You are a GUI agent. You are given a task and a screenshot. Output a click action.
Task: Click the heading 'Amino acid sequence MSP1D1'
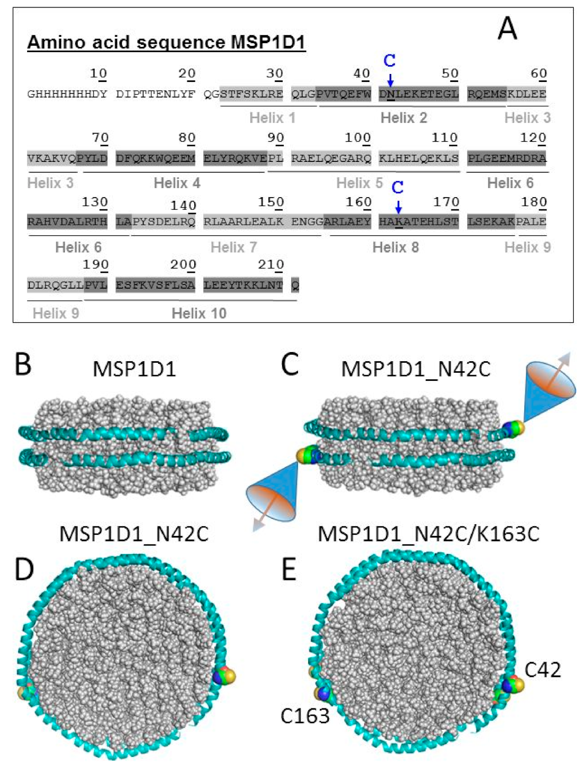point(166,42)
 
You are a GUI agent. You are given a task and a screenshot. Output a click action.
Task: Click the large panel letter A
point(507,28)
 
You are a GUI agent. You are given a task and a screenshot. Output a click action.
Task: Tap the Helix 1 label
point(272,118)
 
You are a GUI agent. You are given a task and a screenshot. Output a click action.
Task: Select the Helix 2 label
point(403,118)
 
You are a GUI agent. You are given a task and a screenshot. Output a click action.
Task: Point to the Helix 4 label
point(177,183)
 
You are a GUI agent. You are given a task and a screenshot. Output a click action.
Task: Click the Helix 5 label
point(359,183)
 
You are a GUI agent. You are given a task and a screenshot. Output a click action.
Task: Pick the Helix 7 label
point(234,247)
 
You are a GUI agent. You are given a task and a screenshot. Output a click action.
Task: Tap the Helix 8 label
point(395,247)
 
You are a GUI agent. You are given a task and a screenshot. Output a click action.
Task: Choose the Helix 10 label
point(199,313)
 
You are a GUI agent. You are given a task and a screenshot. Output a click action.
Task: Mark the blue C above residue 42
point(390,61)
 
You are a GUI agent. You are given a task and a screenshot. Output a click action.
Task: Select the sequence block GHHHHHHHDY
point(67,94)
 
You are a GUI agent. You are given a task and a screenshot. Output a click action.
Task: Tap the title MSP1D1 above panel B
point(134,369)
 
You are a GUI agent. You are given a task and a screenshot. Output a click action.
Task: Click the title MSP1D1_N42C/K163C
point(428,534)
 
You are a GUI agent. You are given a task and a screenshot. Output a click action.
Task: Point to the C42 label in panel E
point(542,670)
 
